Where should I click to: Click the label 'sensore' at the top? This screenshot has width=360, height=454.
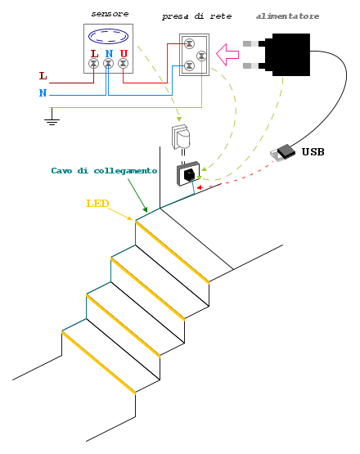[x=110, y=14]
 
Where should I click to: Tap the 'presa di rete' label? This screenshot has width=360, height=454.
[x=196, y=16]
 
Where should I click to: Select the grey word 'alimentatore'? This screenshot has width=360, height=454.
[x=287, y=16]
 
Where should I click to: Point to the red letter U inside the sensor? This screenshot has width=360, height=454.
[x=124, y=53]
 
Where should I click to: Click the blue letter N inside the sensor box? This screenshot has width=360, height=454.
[x=109, y=53]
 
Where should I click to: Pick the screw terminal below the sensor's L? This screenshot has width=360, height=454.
[x=93, y=64]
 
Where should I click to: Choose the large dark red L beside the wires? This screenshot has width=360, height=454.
[x=43, y=76]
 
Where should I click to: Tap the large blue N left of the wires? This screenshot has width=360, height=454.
[x=43, y=93]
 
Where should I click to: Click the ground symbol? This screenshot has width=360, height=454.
[x=52, y=116]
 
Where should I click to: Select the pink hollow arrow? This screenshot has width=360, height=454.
[x=227, y=55]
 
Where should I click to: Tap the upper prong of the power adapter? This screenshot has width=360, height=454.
[x=251, y=43]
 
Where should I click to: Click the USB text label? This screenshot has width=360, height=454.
[x=313, y=151]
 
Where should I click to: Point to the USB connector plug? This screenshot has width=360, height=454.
[x=282, y=153]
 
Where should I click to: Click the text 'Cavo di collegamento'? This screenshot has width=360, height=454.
[x=104, y=171]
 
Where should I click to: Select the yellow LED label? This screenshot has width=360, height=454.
[x=97, y=204]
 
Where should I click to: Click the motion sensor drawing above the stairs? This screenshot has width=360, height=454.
[x=181, y=137]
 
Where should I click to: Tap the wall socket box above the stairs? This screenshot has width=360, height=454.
[x=188, y=173]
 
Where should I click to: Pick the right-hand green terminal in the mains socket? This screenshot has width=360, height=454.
[x=201, y=56]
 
